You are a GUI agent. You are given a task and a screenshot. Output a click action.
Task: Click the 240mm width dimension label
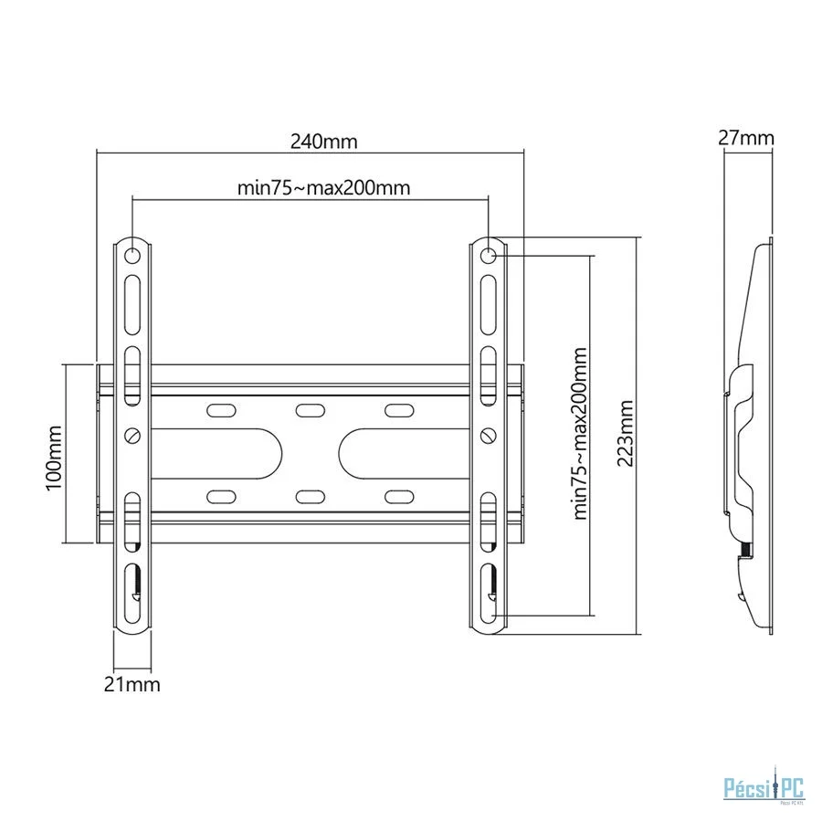click(x=324, y=142)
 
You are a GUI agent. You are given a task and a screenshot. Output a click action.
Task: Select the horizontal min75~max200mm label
click(x=323, y=187)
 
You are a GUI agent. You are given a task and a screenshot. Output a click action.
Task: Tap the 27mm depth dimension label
click(x=745, y=138)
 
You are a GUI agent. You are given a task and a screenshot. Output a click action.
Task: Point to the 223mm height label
click(x=626, y=434)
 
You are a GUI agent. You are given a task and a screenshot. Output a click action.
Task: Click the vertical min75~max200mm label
click(x=580, y=433)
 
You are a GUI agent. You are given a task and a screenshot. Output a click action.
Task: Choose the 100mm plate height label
click(x=55, y=458)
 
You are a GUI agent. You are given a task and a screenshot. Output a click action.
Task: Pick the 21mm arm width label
click(x=132, y=685)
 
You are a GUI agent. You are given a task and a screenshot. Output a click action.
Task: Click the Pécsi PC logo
click(x=764, y=789)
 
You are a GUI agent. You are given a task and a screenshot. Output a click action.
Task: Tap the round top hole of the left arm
click(x=132, y=257)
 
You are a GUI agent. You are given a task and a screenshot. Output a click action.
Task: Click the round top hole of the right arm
click(x=488, y=257)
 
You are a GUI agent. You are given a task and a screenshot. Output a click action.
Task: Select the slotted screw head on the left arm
click(x=132, y=435)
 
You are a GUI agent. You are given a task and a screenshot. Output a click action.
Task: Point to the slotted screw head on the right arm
click(x=488, y=435)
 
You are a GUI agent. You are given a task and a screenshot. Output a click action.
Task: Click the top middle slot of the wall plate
click(x=310, y=410)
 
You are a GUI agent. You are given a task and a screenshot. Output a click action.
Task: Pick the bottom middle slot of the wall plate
click(x=310, y=497)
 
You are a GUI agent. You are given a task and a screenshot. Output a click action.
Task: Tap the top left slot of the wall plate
click(x=221, y=410)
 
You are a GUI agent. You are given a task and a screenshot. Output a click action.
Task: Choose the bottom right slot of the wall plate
click(x=399, y=497)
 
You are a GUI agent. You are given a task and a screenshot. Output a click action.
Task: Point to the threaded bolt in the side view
click(x=745, y=550)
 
